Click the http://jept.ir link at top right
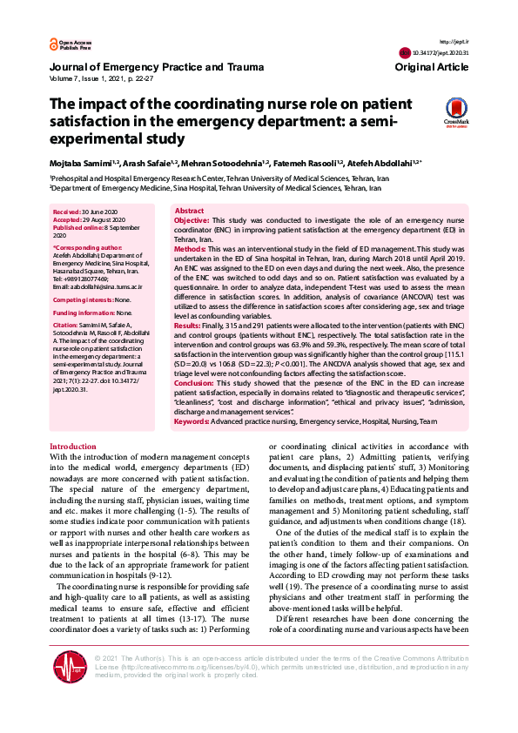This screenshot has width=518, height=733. pos(454,41)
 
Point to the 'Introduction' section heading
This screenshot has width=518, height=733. pos(73,446)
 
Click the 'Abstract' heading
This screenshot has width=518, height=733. pos(190,212)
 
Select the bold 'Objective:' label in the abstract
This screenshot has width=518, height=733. pos(192,222)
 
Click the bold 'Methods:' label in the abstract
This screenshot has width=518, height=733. pos(191,249)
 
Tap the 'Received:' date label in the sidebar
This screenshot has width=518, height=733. pos(69,212)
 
